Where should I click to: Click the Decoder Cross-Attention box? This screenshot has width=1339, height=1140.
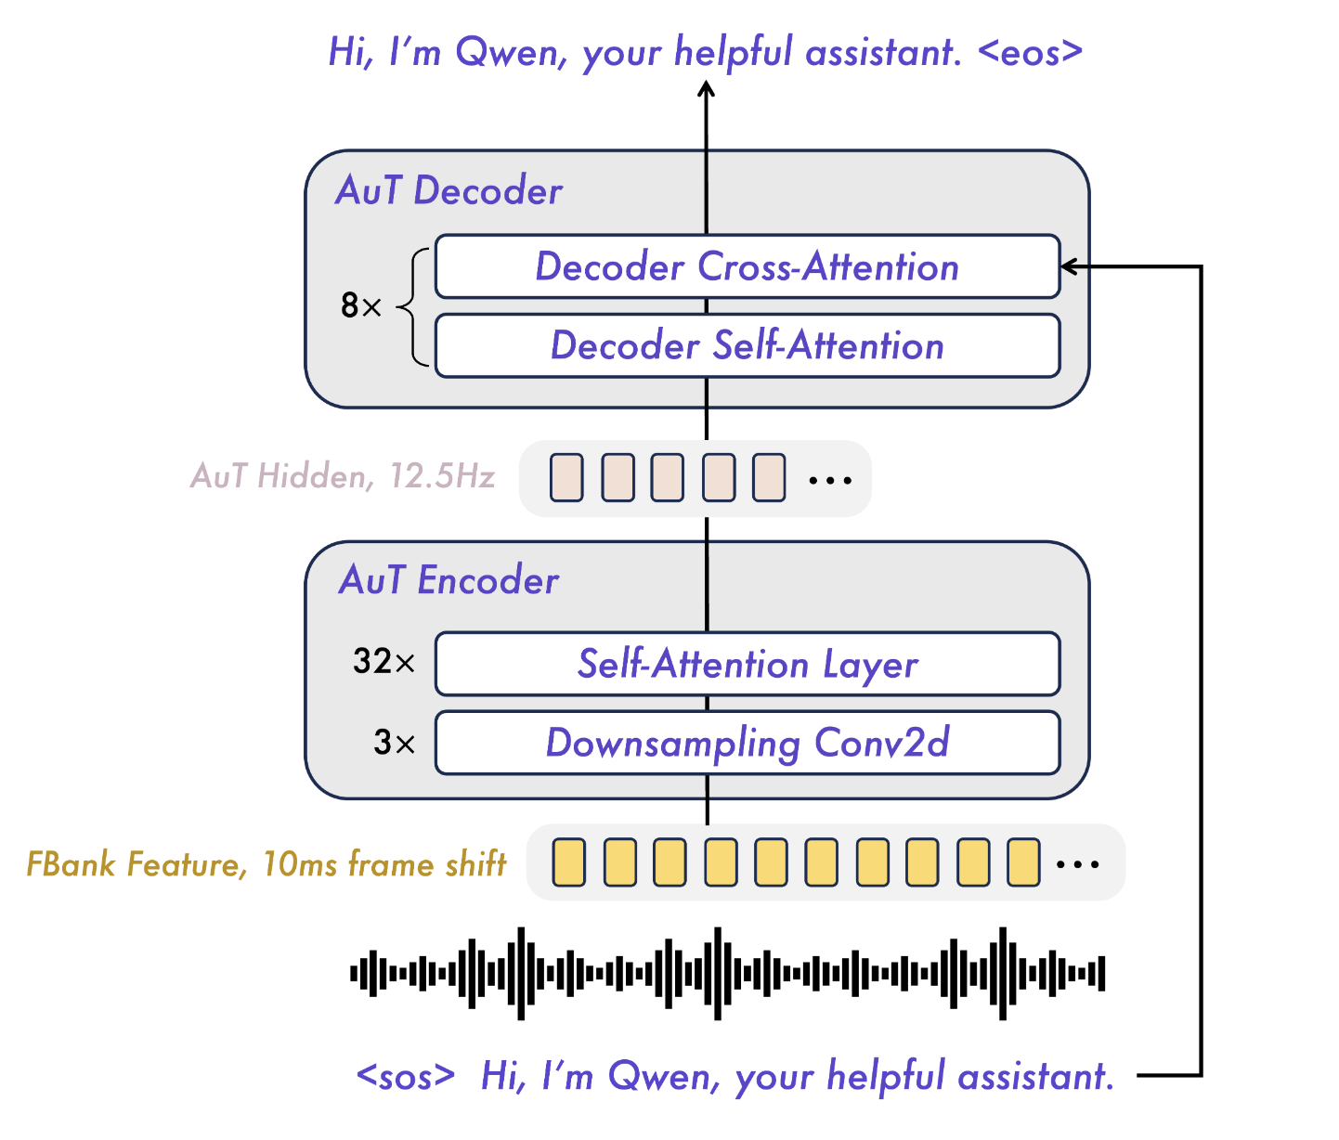click(x=747, y=266)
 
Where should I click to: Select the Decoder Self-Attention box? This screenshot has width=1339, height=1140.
click(x=747, y=345)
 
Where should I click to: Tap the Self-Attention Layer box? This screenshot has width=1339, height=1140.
click(x=747, y=664)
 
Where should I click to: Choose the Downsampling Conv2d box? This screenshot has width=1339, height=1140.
click(x=747, y=743)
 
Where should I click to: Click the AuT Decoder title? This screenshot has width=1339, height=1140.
click(x=448, y=190)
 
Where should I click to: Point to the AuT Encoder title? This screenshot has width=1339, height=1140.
click(x=448, y=580)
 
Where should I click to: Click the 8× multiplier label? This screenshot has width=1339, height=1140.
click(x=361, y=305)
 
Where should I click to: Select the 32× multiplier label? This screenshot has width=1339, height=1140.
click(x=383, y=662)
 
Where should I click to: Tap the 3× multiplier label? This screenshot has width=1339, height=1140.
click(x=394, y=743)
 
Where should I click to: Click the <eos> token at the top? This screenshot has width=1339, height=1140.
click(x=1031, y=52)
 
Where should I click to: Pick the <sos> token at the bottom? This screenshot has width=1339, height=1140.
click(x=406, y=1076)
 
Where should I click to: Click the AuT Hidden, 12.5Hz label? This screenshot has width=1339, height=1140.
click(x=343, y=476)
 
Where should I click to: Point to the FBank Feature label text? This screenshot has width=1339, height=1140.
click(x=266, y=864)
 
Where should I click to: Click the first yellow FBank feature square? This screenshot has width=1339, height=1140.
click(x=569, y=861)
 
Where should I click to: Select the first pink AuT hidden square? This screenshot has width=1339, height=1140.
click(x=567, y=477)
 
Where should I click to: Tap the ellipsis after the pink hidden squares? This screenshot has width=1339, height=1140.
click(x=830, y=480)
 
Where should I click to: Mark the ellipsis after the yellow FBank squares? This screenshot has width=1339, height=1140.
click(x=1078, y=864)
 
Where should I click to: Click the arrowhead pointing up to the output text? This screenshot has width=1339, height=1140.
click(x=707, y=90)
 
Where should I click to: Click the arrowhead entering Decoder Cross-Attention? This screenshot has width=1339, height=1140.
click(x=1070, y=267)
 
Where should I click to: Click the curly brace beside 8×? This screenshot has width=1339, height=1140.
click(x=416, y=306)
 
